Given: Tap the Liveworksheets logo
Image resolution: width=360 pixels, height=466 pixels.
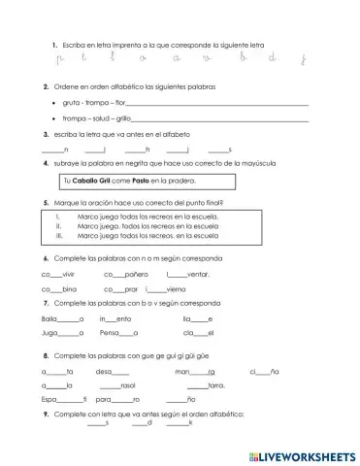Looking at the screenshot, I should [301, 454].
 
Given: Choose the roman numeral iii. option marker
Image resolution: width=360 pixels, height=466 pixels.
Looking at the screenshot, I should [59, 235].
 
